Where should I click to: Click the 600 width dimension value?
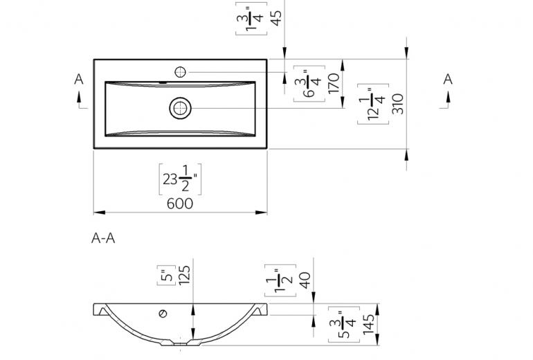180,204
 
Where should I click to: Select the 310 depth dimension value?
397,104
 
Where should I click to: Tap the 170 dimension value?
334,83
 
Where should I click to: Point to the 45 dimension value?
277,18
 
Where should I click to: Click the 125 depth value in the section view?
184,275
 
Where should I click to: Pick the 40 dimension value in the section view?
305,280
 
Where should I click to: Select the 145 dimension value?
368,324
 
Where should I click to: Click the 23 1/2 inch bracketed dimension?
180,179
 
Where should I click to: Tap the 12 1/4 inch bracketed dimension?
373,104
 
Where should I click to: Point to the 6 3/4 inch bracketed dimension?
309,84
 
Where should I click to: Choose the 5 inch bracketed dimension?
167,276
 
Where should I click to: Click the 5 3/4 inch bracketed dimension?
344,325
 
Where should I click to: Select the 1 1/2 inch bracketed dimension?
280,280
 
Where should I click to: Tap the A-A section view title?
103,238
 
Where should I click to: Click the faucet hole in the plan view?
180,72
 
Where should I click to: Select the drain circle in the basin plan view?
181,108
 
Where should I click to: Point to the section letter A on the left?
79,79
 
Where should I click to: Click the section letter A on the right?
448,79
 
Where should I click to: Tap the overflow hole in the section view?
163,314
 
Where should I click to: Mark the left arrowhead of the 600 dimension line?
99,213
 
